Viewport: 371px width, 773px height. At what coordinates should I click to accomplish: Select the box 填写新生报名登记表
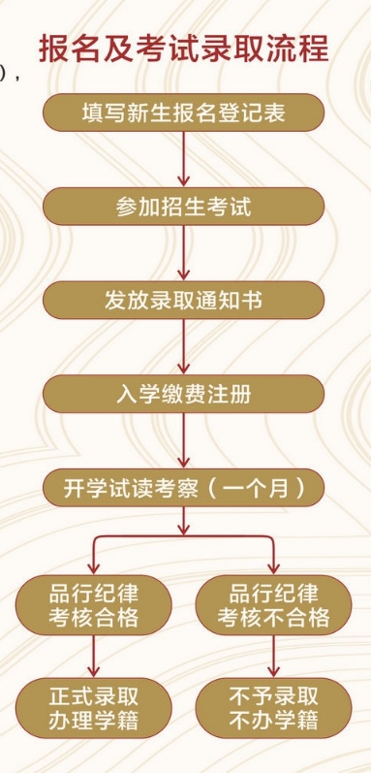pyautogui.click(x=183, y=113)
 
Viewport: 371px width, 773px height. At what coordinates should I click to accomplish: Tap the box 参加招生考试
pyautogui.click(x=183, y=208)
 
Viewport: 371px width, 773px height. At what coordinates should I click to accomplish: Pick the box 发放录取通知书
pyautogui.click(x=183, y=300)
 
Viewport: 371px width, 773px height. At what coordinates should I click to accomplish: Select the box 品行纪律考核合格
pyautogui.click(x=93, y=604)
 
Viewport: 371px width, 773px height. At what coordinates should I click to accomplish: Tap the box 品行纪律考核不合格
pyautogui.click(x=273, y=604)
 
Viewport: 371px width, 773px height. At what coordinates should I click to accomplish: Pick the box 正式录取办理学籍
pyautogui.click(x=93, y=708)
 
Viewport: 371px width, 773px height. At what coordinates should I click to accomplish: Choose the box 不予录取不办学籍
pyautogui.click(x=273, y=708)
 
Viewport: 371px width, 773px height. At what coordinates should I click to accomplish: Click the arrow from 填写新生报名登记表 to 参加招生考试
pyautogui.click(x=183, y=160)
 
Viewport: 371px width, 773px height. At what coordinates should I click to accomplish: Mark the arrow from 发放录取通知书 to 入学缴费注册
pyautogui.click(x=183, y=347)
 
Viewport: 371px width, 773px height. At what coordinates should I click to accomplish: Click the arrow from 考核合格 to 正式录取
pyautogui.click(x=93, y=657)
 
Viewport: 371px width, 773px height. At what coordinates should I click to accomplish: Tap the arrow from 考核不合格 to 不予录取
pyautogui.click(x=273, y=657)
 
